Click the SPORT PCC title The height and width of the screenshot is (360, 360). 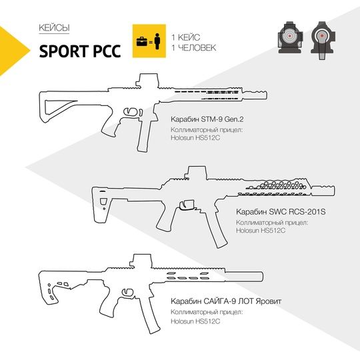tap(80, 51)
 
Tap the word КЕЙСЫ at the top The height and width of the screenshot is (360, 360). tap(54, 28)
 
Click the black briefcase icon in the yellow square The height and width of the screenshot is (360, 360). tap(142, 41)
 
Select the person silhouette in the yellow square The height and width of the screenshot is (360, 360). tap(157, 41)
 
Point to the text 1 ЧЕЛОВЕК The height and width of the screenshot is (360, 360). tap(194, 48)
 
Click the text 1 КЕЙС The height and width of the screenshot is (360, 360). tap(186, 37)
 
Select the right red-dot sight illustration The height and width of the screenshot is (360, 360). tap(322, 41)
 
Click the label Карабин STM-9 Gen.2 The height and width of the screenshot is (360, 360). tap(207, 119)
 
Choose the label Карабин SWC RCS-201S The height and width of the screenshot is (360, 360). tap(281, 212)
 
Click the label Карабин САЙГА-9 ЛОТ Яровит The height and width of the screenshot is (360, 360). tap(226, 301)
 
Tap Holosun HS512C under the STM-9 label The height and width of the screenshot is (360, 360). tap(195, 138)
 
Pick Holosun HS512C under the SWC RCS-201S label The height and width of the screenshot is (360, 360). tap(261, 230)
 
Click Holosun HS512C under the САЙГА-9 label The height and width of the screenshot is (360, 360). tap(195, 321)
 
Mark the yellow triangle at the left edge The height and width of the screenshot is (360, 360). tap(11, 51)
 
